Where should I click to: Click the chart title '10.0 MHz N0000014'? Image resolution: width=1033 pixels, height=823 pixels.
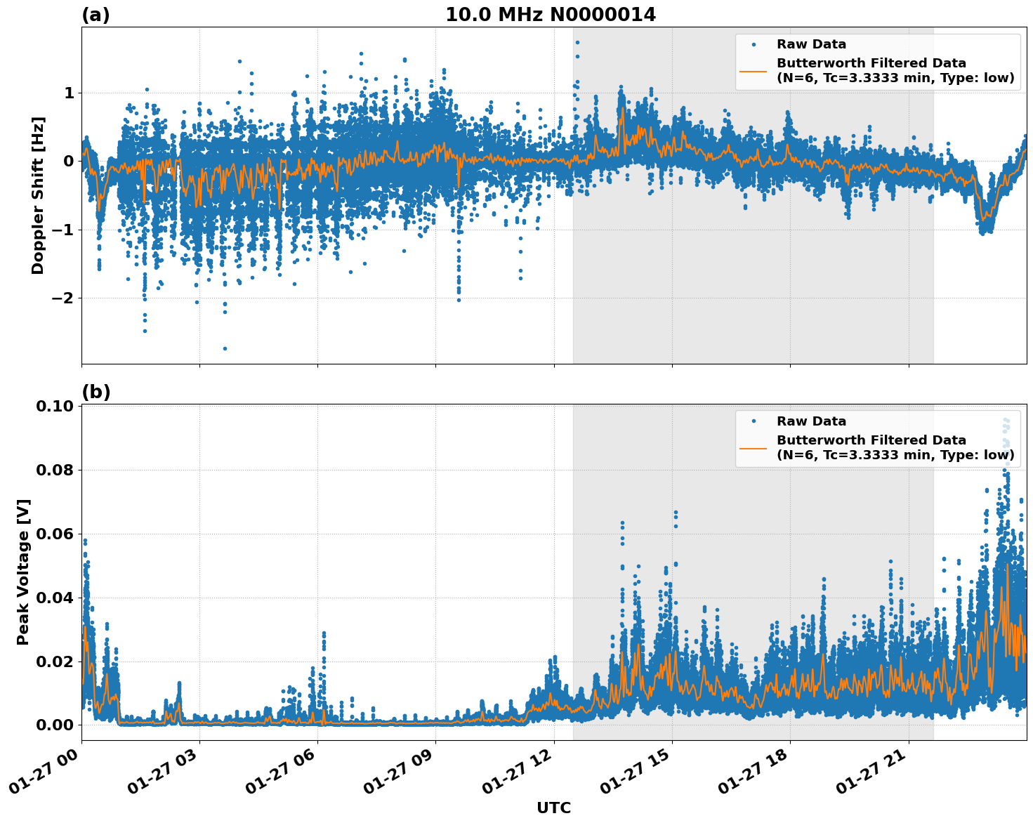550,15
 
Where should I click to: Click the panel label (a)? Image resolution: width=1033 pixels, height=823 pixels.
96,15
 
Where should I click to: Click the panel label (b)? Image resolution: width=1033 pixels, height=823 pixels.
96,392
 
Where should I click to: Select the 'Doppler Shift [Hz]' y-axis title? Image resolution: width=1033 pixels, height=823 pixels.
38,195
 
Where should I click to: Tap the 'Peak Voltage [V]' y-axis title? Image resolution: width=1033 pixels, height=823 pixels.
23,572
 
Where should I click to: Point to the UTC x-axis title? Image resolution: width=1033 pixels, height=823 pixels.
553,808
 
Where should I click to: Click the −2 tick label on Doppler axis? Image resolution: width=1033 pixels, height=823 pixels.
64,298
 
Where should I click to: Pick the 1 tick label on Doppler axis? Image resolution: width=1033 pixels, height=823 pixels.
70,93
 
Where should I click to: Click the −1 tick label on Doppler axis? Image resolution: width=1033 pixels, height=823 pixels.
64,230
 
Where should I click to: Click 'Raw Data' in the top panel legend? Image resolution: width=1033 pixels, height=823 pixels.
811,45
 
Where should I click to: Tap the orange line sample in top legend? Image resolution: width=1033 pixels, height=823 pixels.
753,70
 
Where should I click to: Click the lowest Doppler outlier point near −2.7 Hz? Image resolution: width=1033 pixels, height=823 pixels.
225,348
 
